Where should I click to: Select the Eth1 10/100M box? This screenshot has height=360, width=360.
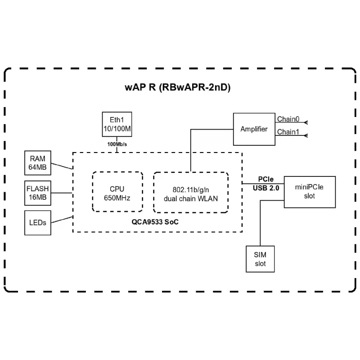click(117, 124)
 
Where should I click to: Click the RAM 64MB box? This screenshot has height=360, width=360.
click(38, 163)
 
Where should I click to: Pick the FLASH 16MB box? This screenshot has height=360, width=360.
click(38, 193)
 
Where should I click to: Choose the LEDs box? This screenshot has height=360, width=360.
click(38, 222)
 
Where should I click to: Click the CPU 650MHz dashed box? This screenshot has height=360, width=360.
click(117, 192)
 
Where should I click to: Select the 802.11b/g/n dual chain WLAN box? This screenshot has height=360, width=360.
click(191, 192)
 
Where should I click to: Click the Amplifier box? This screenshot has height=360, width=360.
click(254, 129)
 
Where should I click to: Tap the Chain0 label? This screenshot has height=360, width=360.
click(288, 119)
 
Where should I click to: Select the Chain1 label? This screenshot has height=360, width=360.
click(288, 132)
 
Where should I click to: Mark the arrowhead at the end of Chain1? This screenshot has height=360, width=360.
click(306, 135)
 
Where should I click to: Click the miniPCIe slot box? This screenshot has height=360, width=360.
click(310, 192)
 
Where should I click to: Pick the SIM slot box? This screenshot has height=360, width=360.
click(260, 259)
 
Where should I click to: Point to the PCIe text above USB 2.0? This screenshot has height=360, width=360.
click(266, 179)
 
